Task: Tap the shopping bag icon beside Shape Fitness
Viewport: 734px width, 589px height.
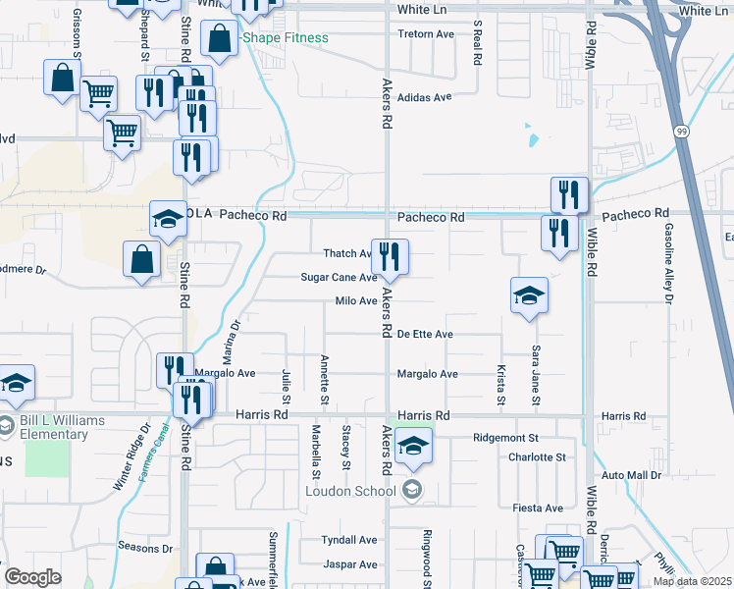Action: [219, 39]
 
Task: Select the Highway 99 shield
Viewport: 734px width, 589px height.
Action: [680, 130]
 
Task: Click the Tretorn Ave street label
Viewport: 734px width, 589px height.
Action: [426, 34]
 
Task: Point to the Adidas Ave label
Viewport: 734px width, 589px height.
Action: [424, 97]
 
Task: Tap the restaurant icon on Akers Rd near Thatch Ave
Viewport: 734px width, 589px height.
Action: [390, 258]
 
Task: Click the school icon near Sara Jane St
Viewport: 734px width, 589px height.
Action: [528, 296]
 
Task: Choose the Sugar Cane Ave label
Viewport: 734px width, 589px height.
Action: [339, 278]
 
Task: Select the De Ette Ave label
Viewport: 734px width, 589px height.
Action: [425, 335]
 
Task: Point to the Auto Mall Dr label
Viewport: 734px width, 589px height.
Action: [632, 475]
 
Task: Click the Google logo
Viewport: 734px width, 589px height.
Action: [33, 577]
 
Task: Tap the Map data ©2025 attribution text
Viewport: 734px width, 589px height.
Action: [692, 581]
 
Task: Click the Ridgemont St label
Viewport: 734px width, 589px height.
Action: [506, 438]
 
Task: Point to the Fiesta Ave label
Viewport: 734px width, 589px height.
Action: [538, 509]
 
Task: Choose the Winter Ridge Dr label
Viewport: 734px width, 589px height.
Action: [133, 457]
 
